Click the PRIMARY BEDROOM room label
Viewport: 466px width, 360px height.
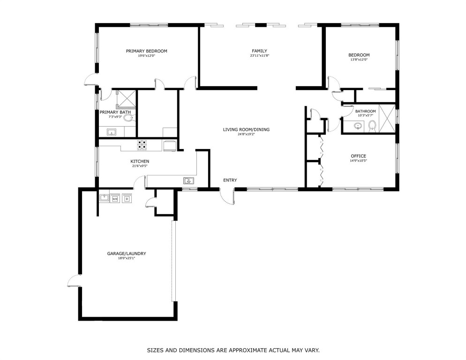[x=146, y=51]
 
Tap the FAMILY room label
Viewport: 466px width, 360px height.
[x=259, y=51]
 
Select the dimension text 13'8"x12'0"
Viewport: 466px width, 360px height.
[x=359, y=60]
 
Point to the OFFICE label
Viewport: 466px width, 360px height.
[x=358, y=156]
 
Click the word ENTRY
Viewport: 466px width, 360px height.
[x=230, y=180]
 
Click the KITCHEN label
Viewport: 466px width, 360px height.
[x=140, y=161]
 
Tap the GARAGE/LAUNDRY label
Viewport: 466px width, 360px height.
[x=126, y=254]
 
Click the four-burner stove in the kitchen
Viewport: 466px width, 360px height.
[x=142, y=145]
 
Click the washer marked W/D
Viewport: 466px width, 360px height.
[x=115, y=198]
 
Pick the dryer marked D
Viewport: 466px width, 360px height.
[x=127, y=198]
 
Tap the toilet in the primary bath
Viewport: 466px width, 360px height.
[x=128, y=119]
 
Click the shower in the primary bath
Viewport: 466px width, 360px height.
[x=125, y=99]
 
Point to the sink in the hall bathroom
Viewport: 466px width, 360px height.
[x=358, y=126]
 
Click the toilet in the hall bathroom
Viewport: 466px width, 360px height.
[x=372, y=126]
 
